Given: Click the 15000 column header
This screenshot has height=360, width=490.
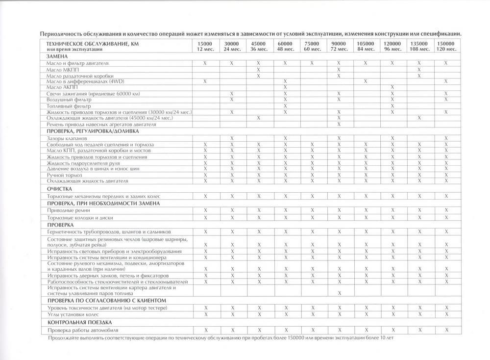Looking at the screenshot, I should click(205, 47).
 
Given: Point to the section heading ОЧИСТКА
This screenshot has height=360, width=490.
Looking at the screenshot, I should click(60, 189).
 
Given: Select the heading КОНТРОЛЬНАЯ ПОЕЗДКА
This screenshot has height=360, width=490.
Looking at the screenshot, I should click(80, 322).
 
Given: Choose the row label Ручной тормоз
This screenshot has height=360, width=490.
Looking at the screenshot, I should click(64, 175).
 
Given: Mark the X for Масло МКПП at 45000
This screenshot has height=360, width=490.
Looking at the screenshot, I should click(258, 70).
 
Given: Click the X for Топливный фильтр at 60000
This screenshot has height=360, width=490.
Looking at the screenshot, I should click(285, 105).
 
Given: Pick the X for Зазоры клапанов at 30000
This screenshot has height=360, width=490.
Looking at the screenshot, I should click(232, 139).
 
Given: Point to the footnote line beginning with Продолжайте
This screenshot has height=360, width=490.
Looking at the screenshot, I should click(220, 338).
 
